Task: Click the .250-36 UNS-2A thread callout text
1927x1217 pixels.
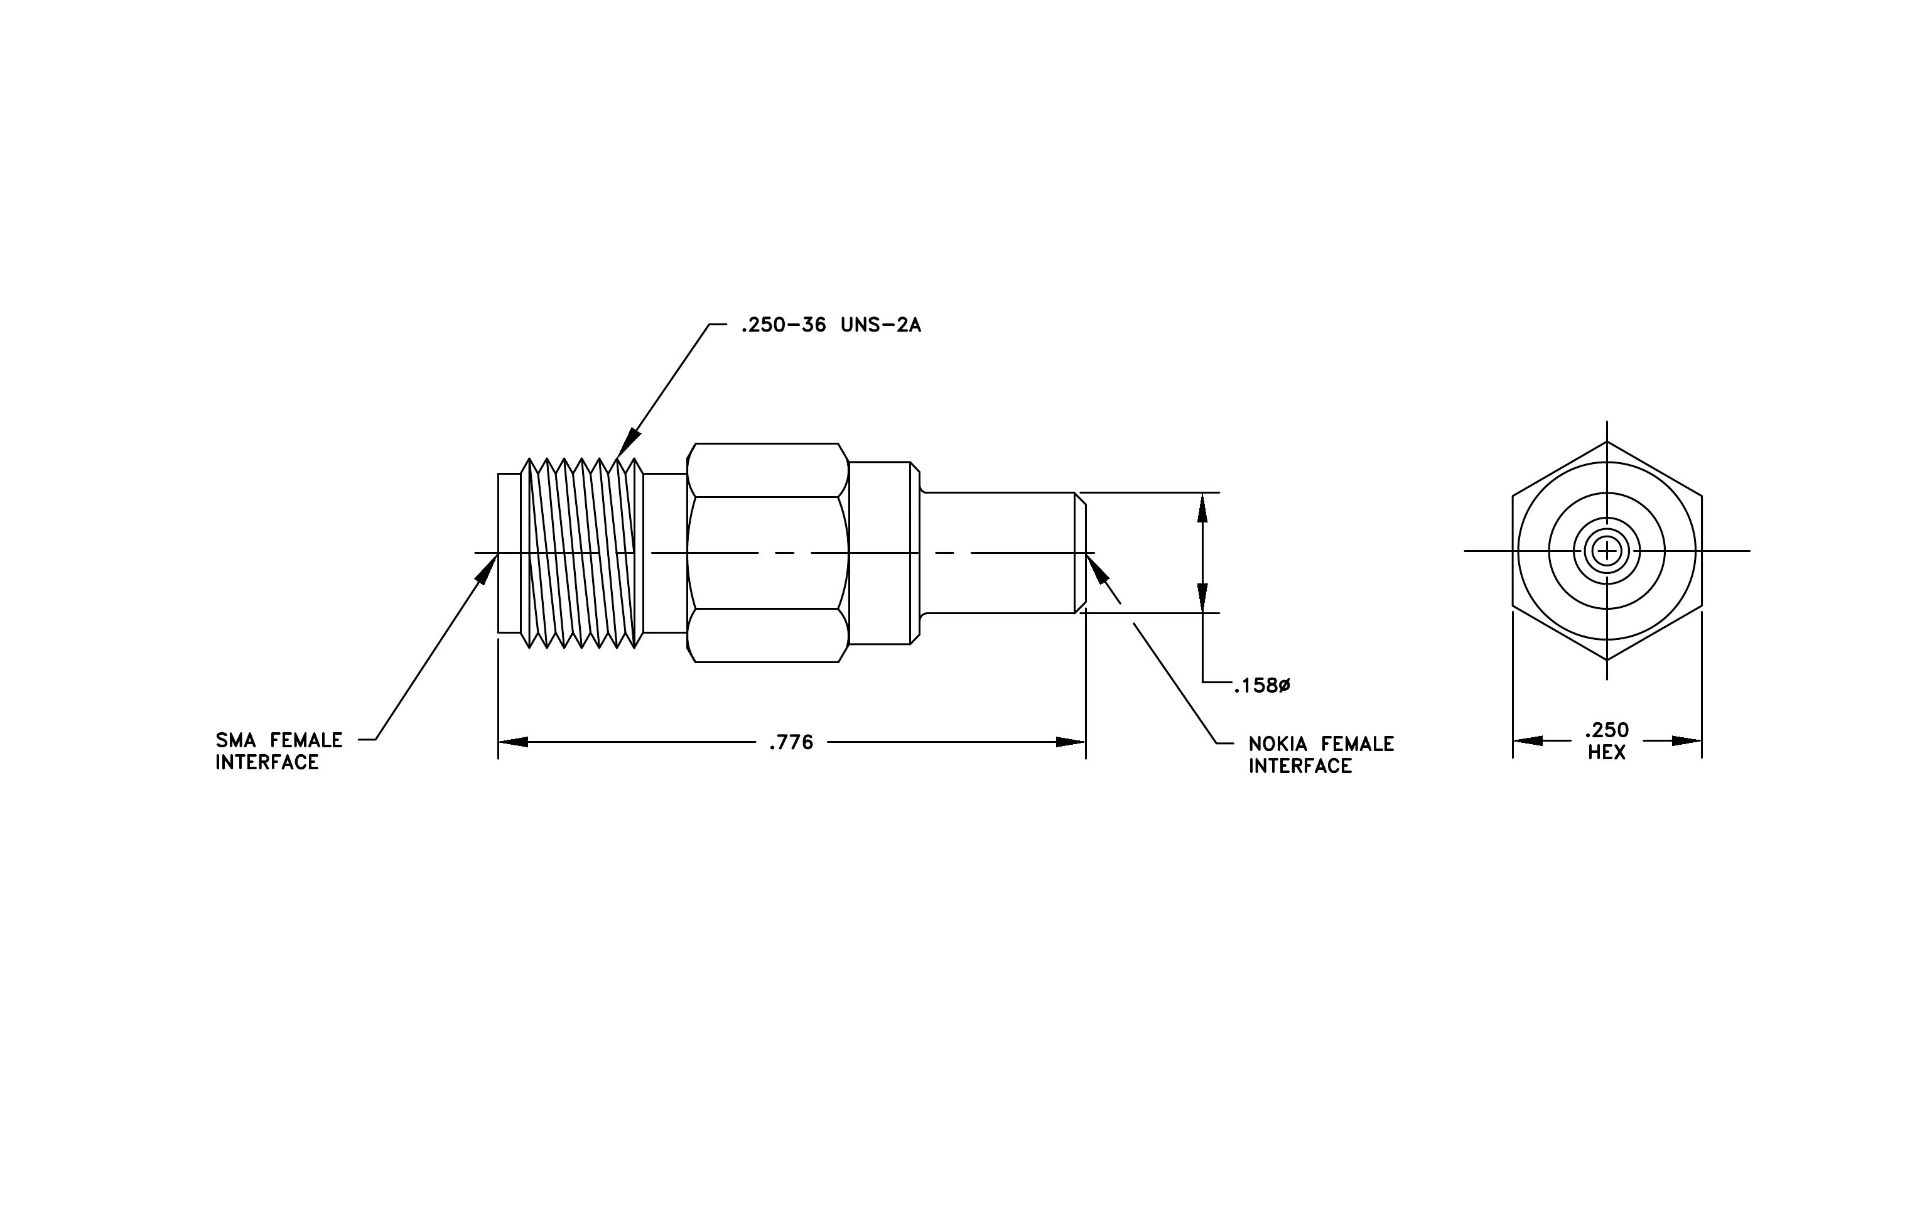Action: click(831, 326)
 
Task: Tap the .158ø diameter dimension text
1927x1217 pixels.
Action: click(1262, 686)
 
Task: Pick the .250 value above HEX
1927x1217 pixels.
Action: click(1607, 730)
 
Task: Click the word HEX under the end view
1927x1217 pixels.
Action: click(1607, 753)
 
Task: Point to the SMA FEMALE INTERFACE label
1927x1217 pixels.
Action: click(279, 751)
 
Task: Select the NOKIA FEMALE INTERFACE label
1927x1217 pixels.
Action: click(1321, 755)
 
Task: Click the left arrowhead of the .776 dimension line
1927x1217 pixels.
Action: click(513, 742)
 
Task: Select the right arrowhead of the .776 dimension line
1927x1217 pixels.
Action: click(1071, 742)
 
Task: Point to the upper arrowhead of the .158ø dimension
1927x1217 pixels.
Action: click(1202, 507)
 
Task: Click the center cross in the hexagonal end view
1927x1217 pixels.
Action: click(1607, 551)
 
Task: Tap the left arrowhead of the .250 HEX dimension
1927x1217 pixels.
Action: click(1527, 741)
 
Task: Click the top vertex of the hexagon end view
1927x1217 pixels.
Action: click(1607, 441)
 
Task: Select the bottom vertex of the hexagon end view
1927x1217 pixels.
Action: click(1607, 660)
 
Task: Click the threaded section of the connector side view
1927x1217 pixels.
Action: click(582, 553)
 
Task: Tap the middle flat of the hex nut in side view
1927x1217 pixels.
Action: click(767, 553)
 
